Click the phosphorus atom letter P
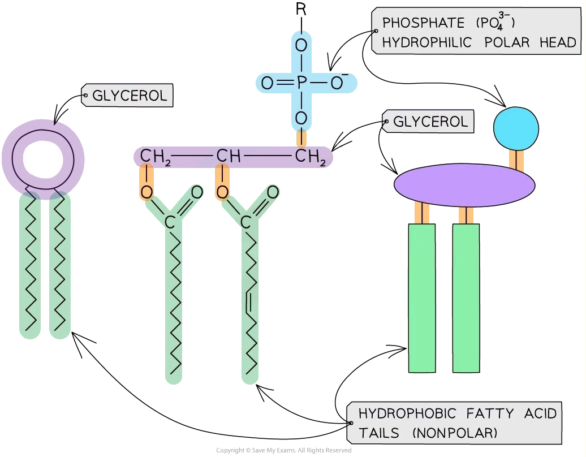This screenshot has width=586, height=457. (301, 84)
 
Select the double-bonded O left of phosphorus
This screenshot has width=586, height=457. (267, 84)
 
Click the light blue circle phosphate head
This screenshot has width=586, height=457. (516, 128)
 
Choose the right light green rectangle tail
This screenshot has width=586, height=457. (466, 298)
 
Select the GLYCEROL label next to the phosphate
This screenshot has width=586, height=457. (430, 122)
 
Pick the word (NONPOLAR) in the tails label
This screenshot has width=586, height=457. (455, 433)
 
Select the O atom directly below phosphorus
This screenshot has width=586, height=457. (301, 118)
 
